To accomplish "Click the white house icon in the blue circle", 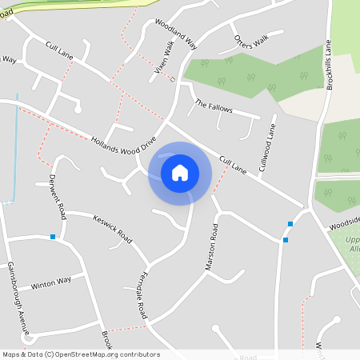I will [180, 173].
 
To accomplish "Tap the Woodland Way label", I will [176, 34].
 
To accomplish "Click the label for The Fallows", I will [212, 106].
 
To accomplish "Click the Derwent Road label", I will [57, 196].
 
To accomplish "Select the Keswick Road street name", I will [112, 229].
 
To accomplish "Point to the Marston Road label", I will [212, 246].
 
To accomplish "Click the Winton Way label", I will [51, 283].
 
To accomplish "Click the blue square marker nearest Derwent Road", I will [53, 237].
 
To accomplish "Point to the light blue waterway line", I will [17, 144].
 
